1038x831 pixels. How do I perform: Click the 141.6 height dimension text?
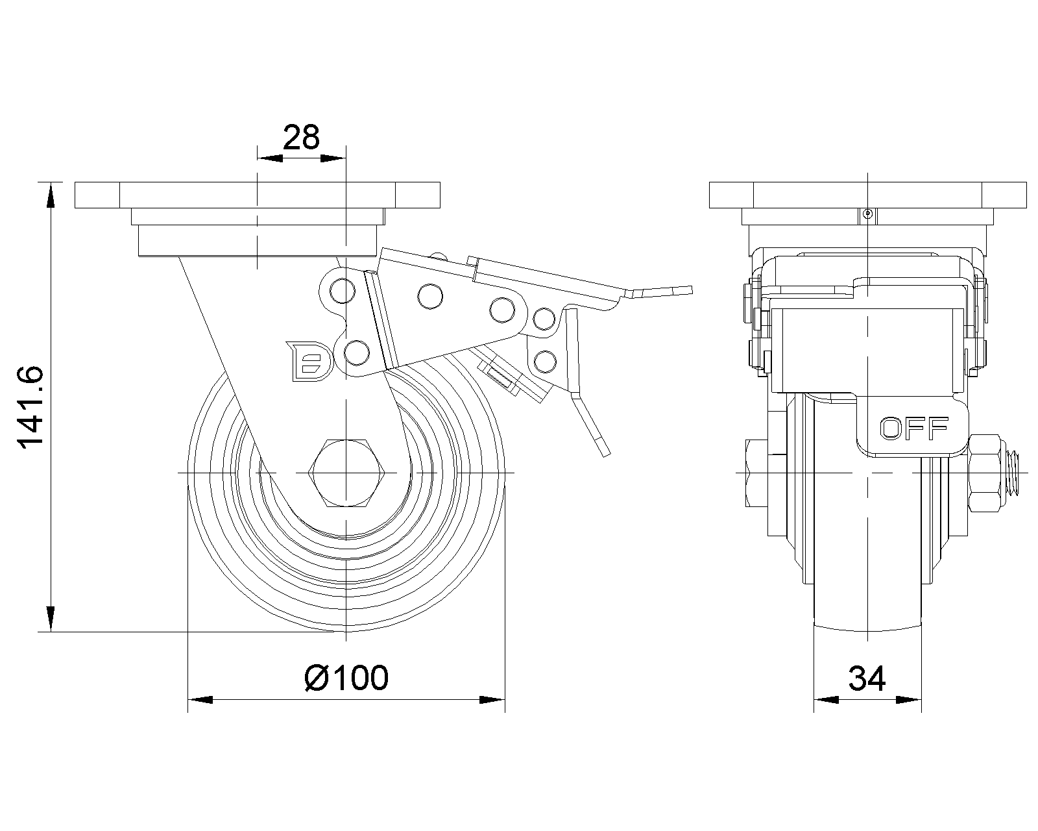pyautogui.click(x=30, y=408)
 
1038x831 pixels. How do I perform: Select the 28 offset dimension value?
pyautogui.click(x=301, y=138)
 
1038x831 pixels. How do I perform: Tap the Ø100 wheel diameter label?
pyautogui.click(x=346, y=678)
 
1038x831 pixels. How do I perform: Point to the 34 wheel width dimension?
pyautogui.click(x=867, y=679)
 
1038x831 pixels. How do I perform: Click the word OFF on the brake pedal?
pyautogui.click(x=914, y=428)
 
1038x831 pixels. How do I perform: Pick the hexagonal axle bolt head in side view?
pyautogui.click(x=346, y=473)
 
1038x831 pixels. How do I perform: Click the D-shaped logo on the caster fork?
pyautogui.click(x=309, y=361)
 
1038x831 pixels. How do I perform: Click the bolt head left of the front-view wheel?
pyautogui.click(x=756, y=473)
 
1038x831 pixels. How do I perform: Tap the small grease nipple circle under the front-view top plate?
pyautogui.click(x=868, y=213)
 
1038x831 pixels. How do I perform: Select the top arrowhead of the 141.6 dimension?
pyautogui.click(x=50, y=195)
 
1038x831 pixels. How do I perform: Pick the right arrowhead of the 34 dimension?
pyautogui.click(x=909, y=700)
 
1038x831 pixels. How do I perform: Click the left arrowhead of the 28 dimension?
pyautogui.click(x=270, y=158)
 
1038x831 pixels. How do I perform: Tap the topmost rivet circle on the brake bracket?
pyautogui.click(x=343, y=291)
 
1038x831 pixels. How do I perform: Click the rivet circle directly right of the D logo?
pyautogui.click(x=357, y=353)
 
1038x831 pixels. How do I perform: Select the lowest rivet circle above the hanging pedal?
pyautogui.click(x=546, y=362)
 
